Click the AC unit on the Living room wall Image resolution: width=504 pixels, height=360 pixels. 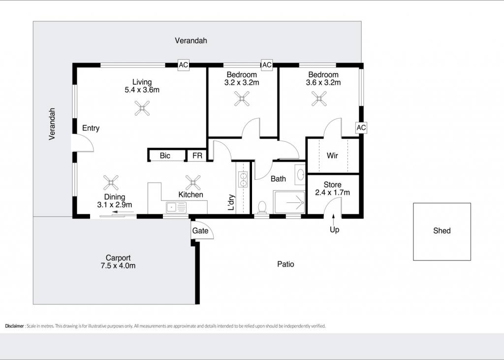click(x=183, y=65)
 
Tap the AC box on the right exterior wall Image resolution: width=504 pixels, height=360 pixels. click(x=361, y=128)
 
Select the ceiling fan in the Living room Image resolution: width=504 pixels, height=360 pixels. click(x=142, y=108)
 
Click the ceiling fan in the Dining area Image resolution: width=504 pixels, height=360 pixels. click(x=111, y=182)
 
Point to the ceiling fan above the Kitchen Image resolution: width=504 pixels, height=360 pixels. click(x=193, y=182)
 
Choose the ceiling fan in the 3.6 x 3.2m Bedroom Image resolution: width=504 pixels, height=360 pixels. click(x=319, y=98)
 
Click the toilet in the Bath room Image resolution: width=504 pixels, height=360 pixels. click(x=262, y=207)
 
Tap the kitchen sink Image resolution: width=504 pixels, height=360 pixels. click(x=176, y=207)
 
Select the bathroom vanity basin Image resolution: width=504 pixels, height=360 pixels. click(x=301, y=175)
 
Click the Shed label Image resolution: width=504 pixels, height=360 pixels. click(x=441, y=230)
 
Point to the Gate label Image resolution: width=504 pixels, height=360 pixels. click(x=200, y=230)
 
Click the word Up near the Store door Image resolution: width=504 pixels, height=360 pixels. click(x=334, y=229)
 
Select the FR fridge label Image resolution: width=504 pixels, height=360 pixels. click(x=197, y=156)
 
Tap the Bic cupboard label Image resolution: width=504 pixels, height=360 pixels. click(x=165, y=156)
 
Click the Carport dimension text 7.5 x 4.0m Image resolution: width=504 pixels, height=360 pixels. click(x=118, y=266)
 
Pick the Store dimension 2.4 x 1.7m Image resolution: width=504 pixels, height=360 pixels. click(x=332, y=193)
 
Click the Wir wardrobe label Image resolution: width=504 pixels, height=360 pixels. click(x=332, y=156)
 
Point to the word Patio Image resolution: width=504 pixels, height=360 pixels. click(x=285, y=264)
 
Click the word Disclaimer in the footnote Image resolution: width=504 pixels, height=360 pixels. click(x=14, y=326)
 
